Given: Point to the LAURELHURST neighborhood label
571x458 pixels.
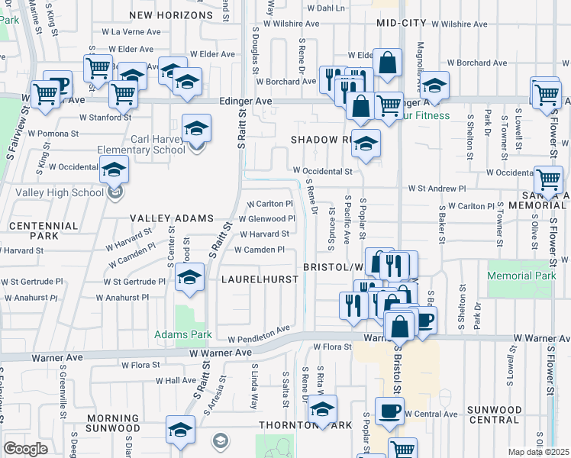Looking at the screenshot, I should point(260,279).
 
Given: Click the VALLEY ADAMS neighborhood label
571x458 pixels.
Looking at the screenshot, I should point(171,218).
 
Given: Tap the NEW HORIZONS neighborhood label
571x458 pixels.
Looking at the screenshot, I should point(171,15).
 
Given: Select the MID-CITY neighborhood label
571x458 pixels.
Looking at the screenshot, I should point(401,24).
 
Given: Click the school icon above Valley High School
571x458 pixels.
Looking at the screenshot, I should point(114,169).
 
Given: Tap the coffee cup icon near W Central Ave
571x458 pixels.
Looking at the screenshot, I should point(390,411).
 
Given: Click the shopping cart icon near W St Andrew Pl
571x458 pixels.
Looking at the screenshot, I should point(548,180).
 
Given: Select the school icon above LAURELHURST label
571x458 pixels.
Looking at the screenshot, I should point(189,277).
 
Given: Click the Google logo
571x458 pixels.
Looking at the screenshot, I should point(25,449).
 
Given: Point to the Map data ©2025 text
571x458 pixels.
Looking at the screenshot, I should point(538,452).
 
